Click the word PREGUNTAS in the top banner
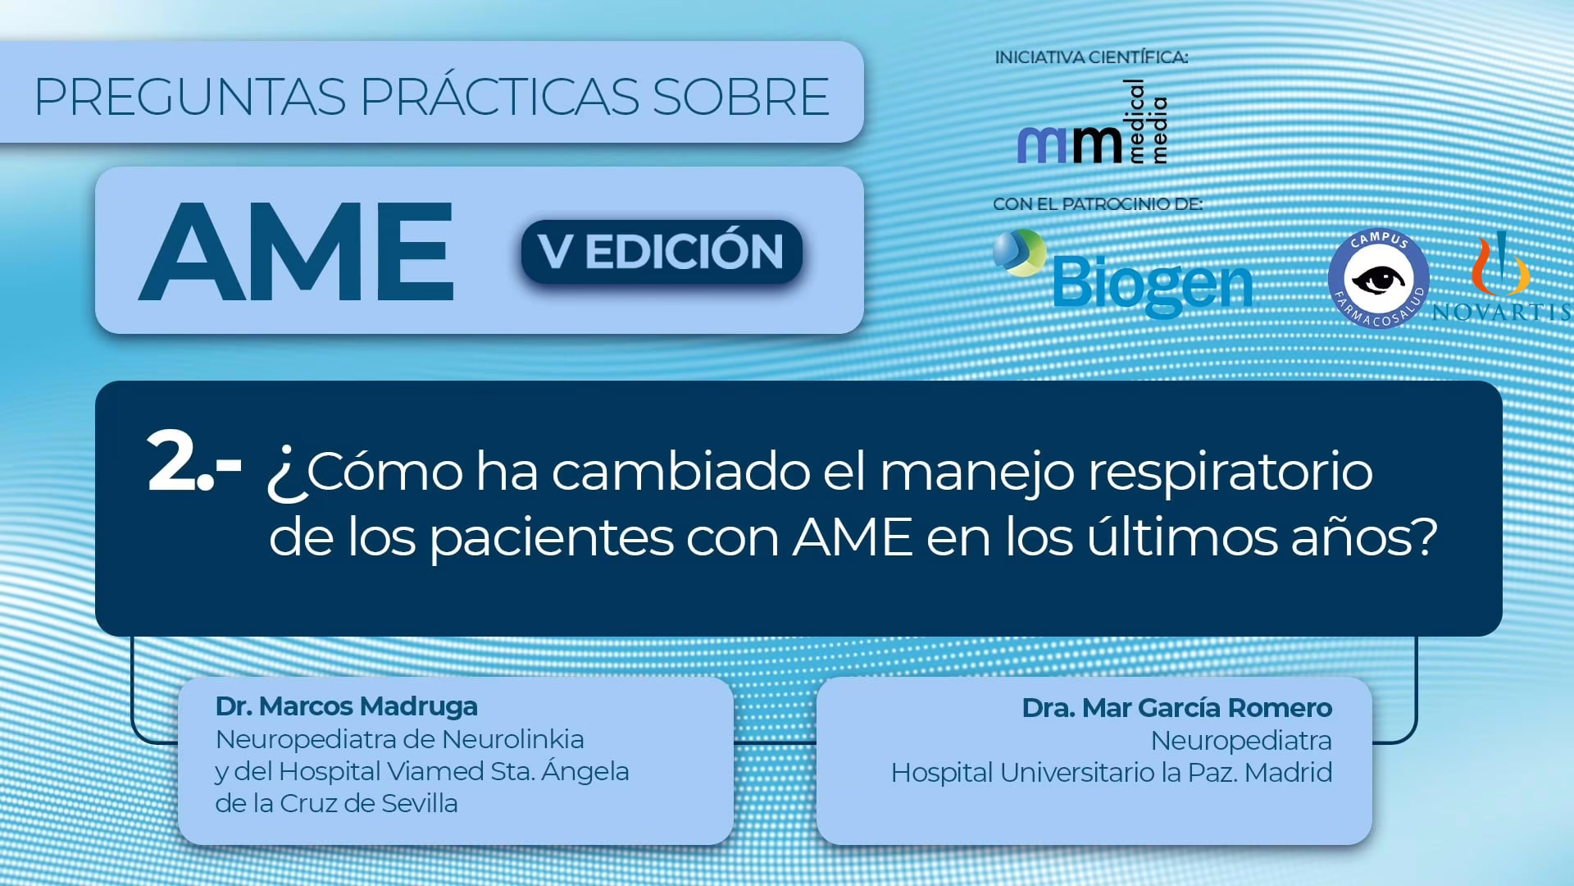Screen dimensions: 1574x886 189,97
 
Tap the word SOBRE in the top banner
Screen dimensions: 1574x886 740,97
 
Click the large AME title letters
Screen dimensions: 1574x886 297,251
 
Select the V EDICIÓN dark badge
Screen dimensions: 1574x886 662,251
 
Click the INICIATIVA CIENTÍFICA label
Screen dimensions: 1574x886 1091,57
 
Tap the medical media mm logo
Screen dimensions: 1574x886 1093,123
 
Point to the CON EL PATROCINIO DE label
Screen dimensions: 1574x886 1098,203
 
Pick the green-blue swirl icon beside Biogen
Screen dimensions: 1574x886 1019,252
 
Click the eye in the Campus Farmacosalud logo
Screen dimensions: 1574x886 1379,280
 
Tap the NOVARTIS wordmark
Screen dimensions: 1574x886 1502,312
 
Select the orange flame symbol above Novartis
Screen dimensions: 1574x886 1500,263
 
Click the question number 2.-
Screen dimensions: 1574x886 193,463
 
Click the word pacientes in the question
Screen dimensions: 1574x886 551,539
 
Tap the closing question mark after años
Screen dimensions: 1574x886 1424,537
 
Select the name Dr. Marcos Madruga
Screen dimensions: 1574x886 346,706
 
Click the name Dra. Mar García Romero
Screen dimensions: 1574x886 1176,708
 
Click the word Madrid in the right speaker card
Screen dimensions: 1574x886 1288,773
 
